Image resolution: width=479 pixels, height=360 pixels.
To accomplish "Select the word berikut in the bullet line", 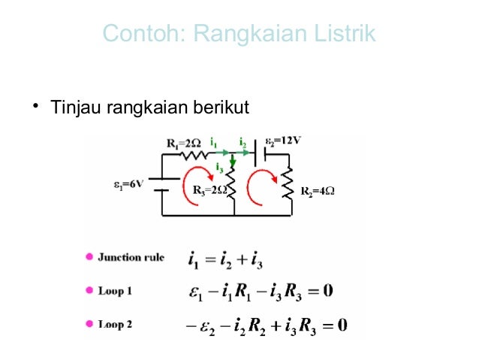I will point(221,109).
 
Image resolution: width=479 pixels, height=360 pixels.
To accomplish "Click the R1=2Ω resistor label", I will point(183,142).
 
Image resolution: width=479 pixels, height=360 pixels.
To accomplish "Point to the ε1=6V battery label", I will point(128,183).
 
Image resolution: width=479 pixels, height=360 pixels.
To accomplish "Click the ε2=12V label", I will point(283,141).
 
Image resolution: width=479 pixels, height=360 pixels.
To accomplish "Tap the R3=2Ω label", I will point(209,190).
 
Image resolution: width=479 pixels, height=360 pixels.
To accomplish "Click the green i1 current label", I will point(214,141).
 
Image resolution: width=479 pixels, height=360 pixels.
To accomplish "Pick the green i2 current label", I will point(242,141).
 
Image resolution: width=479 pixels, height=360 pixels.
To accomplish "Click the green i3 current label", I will point(219,167).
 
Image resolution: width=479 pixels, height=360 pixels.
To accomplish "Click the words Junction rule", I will point(131,257).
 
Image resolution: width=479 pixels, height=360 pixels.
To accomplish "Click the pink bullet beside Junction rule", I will point(89,257).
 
